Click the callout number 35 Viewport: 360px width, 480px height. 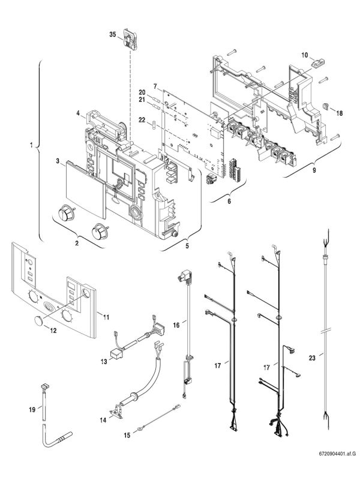click(112, 35)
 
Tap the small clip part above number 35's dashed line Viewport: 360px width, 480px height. click(131, 38)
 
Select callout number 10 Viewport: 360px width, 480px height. click(304, 55)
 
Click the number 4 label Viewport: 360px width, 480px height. click(78, 112)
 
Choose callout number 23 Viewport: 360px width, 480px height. click(312, 357)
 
